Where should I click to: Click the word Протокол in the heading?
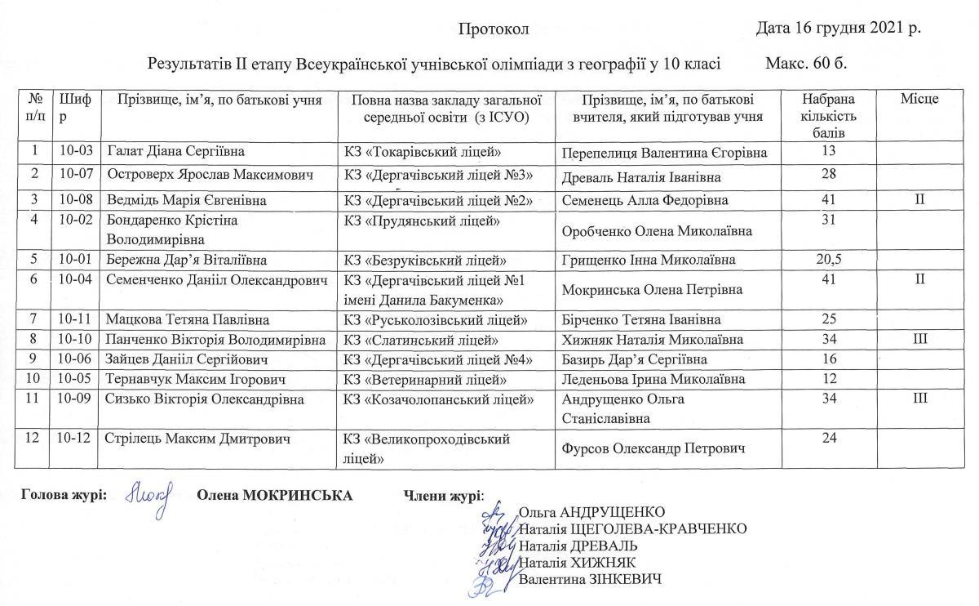[x=494, y=30]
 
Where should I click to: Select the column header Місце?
[x=919, y=99]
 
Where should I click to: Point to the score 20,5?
[x=828, y=260]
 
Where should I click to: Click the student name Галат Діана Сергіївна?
[x=175, y=152]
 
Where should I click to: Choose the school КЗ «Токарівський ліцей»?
[x=423, y=152]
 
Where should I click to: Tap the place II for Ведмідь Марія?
[x=919, y=199]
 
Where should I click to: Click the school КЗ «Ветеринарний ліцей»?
[x=426, y=380]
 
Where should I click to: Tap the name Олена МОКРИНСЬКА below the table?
[x=275, y=496]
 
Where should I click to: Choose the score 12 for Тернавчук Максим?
[x=829, y=379]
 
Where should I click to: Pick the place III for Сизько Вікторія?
[x=919, y=399]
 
